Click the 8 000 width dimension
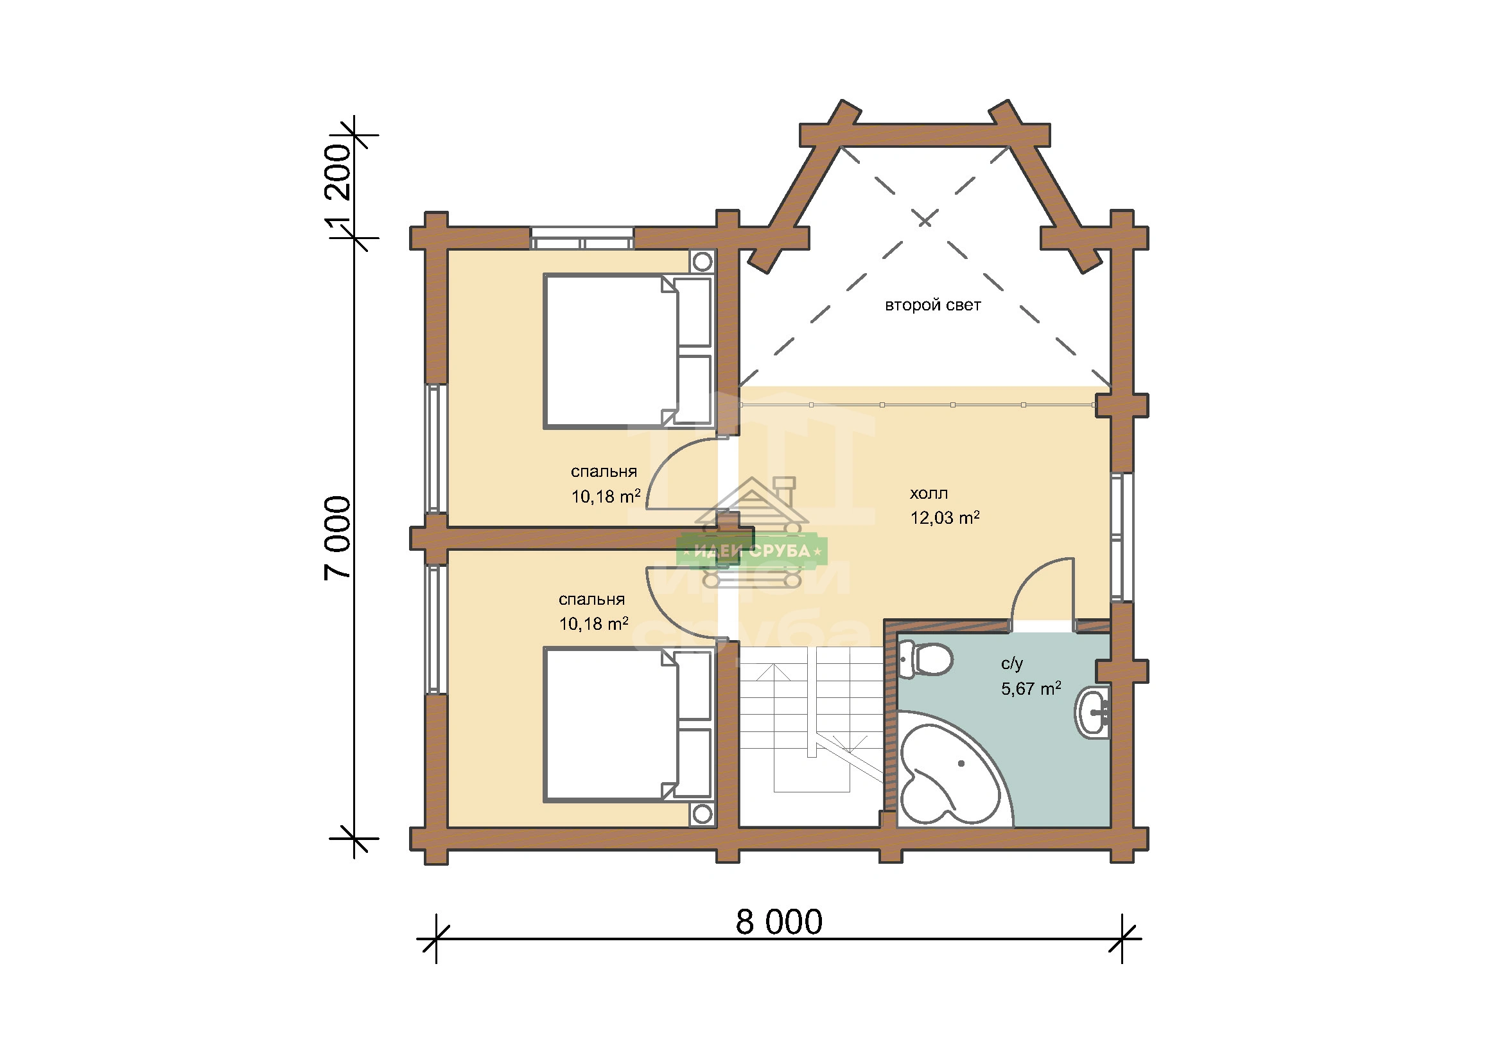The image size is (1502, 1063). (x=778, y=922)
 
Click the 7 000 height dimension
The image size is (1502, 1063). (x=338, y=538)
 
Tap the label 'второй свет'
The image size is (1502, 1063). (x=933, y=305)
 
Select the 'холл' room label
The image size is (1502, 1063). (x=929, y=494)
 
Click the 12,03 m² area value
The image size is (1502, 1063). (x=945, y=518)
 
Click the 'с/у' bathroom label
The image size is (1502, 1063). (x=1011, y=665)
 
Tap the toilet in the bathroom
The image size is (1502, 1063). (x=925, y=659)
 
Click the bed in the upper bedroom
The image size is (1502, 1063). (x=628, y=352)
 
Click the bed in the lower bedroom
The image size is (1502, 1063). (x=628, y=724)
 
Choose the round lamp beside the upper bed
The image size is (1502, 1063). (x=702, y=262)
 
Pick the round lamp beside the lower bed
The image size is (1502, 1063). (x=702, y=814)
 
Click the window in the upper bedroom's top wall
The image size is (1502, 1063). (x=582, y=238)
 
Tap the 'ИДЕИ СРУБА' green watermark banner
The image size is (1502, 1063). (x=752, y=551)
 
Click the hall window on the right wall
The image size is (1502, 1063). (x=1122, y=537)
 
